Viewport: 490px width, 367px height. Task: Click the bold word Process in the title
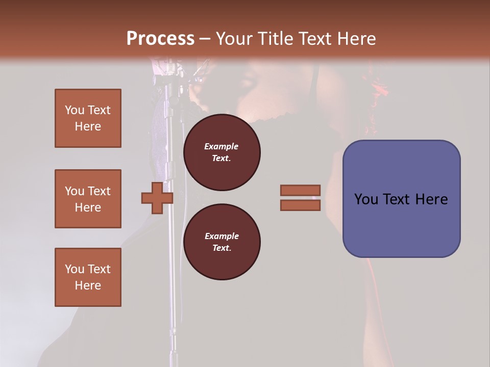coord(160,39)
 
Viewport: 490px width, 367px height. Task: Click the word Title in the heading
coord(275,39)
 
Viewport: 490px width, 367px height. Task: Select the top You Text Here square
coord(88,118)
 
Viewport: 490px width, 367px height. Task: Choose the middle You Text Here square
coord(88,199)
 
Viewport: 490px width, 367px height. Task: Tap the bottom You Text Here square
coord(88,277)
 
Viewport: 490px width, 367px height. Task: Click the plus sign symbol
coord(157,198)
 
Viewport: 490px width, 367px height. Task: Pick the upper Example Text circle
coord(222,152)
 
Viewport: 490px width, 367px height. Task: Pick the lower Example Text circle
coord(222,242)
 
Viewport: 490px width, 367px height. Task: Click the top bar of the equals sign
coord(300,190)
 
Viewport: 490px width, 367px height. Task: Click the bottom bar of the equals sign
coord(300,205)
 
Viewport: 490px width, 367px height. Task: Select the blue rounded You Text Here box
coord(401,199)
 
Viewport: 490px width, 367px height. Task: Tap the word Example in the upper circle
coord(222,146)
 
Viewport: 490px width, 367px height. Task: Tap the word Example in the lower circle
coord(222,236)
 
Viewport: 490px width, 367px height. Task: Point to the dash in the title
coord(205,39)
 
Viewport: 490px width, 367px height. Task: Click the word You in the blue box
coord(366,199)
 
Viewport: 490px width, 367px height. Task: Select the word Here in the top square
coord(88,126)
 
